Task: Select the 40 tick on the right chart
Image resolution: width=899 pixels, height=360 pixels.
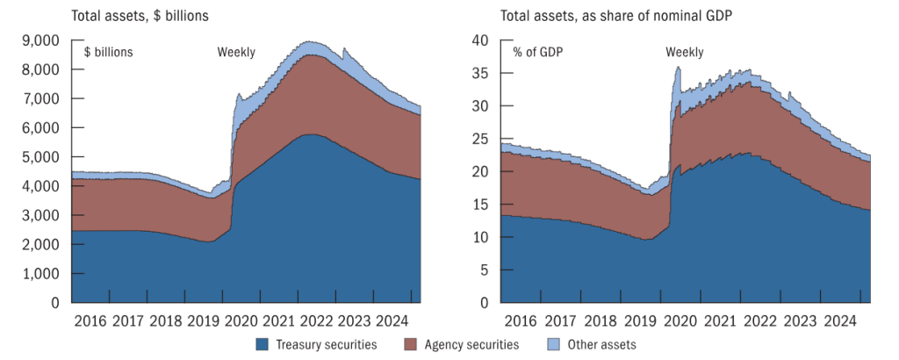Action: click(478, 40)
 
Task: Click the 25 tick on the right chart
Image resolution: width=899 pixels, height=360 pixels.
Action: click(478, 139)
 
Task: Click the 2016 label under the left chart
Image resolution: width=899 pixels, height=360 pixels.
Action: click(90, 320)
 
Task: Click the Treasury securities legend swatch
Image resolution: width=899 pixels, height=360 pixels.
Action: click(263, 345)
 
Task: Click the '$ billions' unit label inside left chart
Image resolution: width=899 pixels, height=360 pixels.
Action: click(108, 52)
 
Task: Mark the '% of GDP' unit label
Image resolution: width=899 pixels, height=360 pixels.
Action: click(537, 52)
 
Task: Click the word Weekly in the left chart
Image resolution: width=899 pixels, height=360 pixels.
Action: click(236, 52)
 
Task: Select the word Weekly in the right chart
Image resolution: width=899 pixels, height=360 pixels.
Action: click(684, 52)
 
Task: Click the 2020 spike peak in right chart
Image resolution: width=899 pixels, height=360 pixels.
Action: click(678, 68)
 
